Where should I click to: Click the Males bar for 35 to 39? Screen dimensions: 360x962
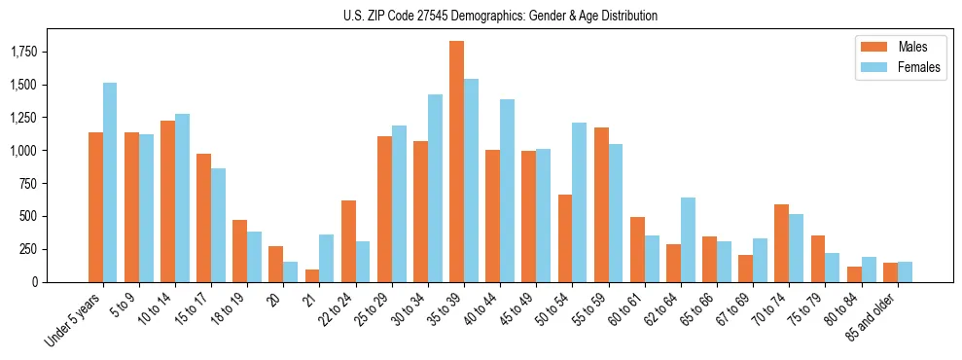point(456,162)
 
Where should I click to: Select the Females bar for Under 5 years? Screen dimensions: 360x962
point(110,182)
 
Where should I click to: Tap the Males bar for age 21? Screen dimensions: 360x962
point(311,275)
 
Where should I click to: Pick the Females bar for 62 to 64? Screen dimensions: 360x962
point(688,239)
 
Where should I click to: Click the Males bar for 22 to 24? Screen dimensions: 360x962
point(348,240)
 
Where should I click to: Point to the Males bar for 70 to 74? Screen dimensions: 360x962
point(781,243)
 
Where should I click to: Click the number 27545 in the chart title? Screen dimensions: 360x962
point(433,16)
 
